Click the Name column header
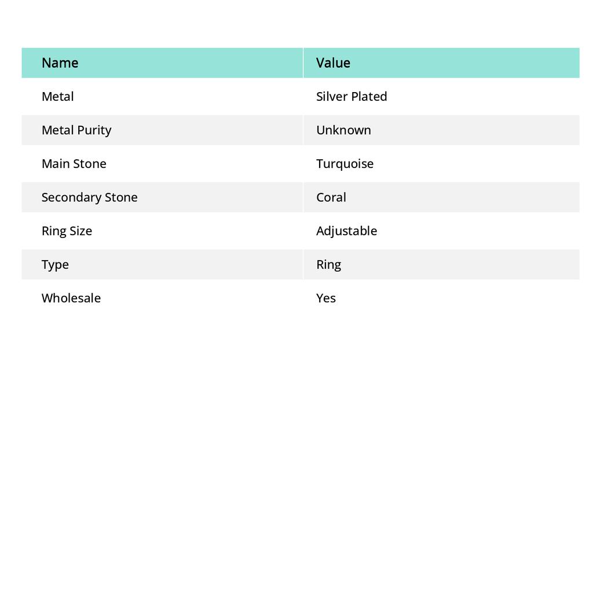(x=60, y=63)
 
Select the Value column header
(x=333, y=63)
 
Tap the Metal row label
(x=57, y=96)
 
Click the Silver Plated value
(x=352, y=96)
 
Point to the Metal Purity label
(x=76, y=130)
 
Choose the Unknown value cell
(x=343, y=130)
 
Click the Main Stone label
(x=74, y=163)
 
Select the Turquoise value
(x=345, y=163)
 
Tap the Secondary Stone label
(x=89, y=197)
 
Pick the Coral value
(x=331, y=197)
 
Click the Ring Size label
(x=67, y=230)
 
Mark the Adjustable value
(x=346, y=230)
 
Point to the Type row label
(x=55, y=264)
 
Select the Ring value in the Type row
(x=328, y=264)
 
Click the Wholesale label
(x=71, y=298)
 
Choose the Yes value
(x=325, y=298)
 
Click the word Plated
(x=368, y=96)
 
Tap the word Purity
(x=94, y=130)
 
